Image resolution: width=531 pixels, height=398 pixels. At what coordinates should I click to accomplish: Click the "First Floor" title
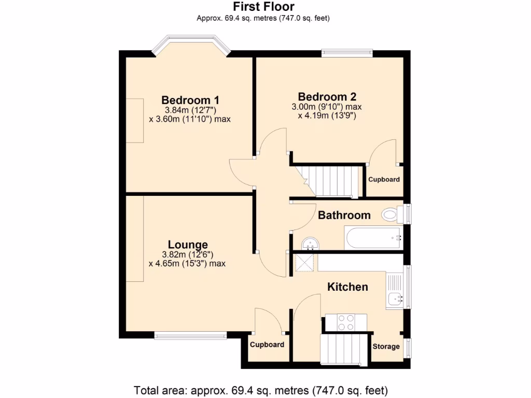(263, 7)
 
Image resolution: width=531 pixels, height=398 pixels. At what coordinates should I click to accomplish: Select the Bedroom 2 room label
(327, 96)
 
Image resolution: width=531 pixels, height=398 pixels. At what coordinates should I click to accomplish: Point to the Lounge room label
(187, 245)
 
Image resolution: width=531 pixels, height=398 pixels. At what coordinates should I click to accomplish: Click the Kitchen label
(347, 287)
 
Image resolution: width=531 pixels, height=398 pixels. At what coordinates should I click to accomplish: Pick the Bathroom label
(344, 215)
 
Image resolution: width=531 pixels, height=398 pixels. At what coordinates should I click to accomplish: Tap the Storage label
(386, 346)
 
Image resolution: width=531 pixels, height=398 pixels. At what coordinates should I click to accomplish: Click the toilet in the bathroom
(392, 214)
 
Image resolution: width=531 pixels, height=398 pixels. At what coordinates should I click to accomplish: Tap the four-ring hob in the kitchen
(345, 323)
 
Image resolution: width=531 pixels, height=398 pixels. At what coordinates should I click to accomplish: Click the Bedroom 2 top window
(346, 51)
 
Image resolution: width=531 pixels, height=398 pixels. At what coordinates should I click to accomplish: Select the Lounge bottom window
(190, 335)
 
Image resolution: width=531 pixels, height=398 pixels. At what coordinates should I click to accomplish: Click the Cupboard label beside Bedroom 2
(384, 180)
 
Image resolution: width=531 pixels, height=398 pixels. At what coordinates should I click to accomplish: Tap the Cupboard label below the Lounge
(267, 345)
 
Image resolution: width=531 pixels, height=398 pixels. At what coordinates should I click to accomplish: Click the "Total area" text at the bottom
(261, 390)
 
